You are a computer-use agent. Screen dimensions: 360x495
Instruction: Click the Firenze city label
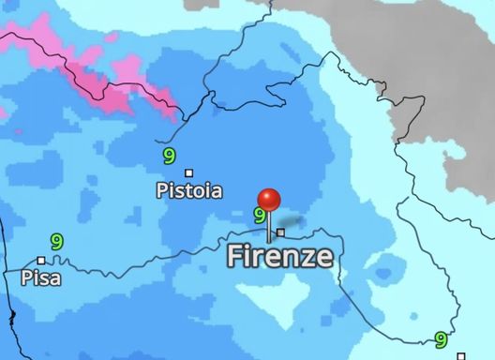(x=279, y=256)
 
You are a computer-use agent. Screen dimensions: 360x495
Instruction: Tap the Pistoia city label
(x=189, y=191)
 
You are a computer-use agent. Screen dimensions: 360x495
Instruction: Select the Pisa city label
(x=38, y=277)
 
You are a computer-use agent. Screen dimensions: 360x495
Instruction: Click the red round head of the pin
(x=269, y=200)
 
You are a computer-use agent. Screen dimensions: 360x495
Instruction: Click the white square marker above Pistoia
(x=189, y=172)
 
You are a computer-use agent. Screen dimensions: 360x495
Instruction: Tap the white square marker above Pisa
(x=41, y=261)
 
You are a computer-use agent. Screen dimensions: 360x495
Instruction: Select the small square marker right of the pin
(x=280, y=232)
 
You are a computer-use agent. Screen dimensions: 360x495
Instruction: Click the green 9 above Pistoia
(x=169, y=156)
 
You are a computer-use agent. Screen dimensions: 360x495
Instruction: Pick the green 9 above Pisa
(x=57, y=242)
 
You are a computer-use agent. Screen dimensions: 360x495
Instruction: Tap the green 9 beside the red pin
(x=260, y=216)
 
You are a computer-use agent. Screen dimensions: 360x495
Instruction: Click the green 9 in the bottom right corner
(x=440, y=340)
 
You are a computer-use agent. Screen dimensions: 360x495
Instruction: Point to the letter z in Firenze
(x=307, y=257)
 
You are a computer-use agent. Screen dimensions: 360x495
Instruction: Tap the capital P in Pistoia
(x=161, y=191)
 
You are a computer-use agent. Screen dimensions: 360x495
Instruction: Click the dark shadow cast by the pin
(x=291, y=225)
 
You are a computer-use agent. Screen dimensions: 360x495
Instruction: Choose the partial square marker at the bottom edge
(x=460, y=356)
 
